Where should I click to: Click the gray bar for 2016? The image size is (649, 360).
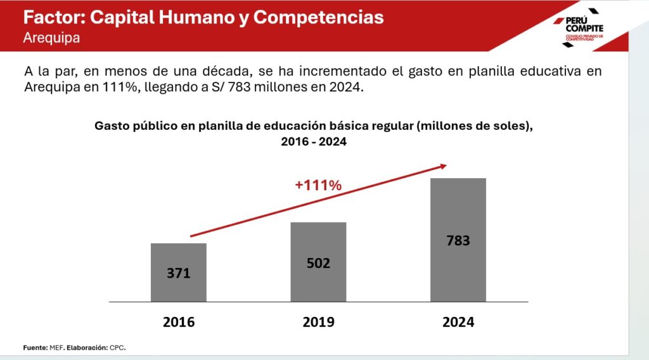point(179,273)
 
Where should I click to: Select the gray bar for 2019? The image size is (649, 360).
point(318,262)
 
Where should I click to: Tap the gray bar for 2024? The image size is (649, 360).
point(458,240)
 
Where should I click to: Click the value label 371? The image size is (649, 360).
point(179,274)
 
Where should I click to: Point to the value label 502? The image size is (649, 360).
point(318,263)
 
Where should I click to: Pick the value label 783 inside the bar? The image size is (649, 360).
point(458,241)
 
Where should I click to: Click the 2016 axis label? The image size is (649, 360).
point(179,321)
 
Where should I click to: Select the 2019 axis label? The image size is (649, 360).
point(318,321)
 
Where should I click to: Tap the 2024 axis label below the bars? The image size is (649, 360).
point(458,321)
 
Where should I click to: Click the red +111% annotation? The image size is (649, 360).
point(318,186)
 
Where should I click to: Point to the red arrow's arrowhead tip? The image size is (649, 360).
point(446,165)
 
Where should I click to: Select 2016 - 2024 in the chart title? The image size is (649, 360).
point(314,142)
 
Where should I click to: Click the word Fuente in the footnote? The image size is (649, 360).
point(35,348)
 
